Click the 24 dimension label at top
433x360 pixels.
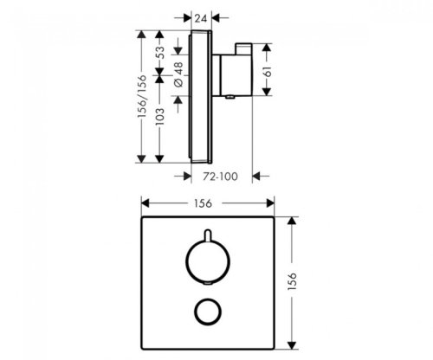201,18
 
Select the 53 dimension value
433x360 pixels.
159,52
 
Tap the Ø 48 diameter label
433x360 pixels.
178,74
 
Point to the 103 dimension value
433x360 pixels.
159,116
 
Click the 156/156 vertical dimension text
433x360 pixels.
142,96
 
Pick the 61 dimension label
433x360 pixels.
268,71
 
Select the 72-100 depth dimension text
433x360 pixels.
220,177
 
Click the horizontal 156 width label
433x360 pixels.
203,203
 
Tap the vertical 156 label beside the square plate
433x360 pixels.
293,281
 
